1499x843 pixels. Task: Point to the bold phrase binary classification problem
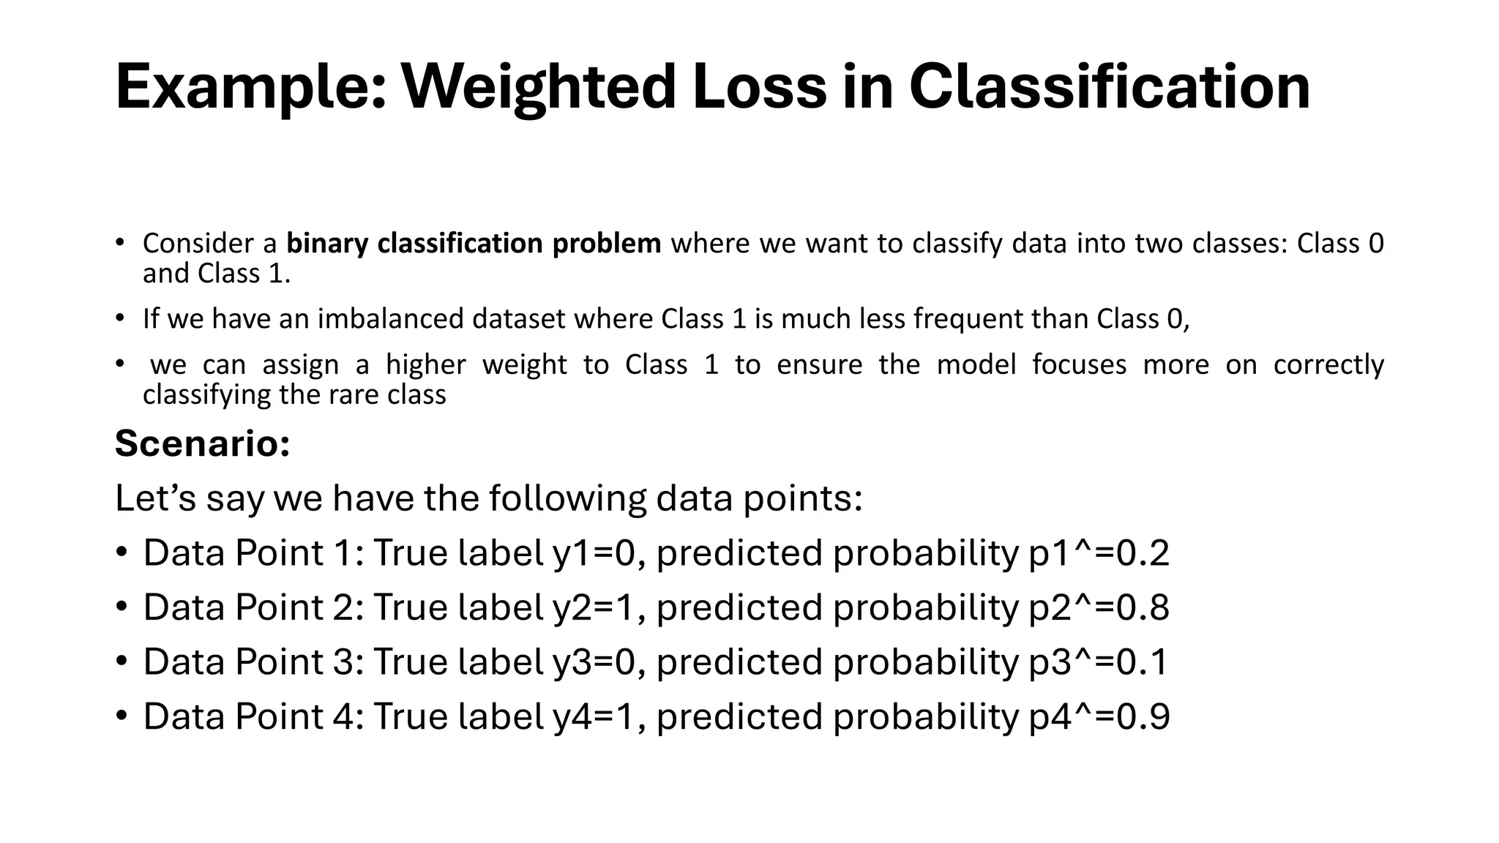(x=474, y=243)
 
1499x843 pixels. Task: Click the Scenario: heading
(x=203, y=443)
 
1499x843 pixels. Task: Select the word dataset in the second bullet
(x=518, y=319)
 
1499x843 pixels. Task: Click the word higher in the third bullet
(x=425, y=364)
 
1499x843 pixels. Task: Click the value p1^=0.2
(x=1099, y=553)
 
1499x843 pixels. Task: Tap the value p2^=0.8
(x=1099, y=607)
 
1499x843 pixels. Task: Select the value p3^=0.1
(x=1098, y=662)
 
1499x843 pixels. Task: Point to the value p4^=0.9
(x=1099, y=716)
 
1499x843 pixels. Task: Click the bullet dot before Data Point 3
(x=122, y=662)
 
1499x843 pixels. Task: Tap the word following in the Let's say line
(x=567, y=499)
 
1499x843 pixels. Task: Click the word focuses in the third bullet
(x=1079, y=364)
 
